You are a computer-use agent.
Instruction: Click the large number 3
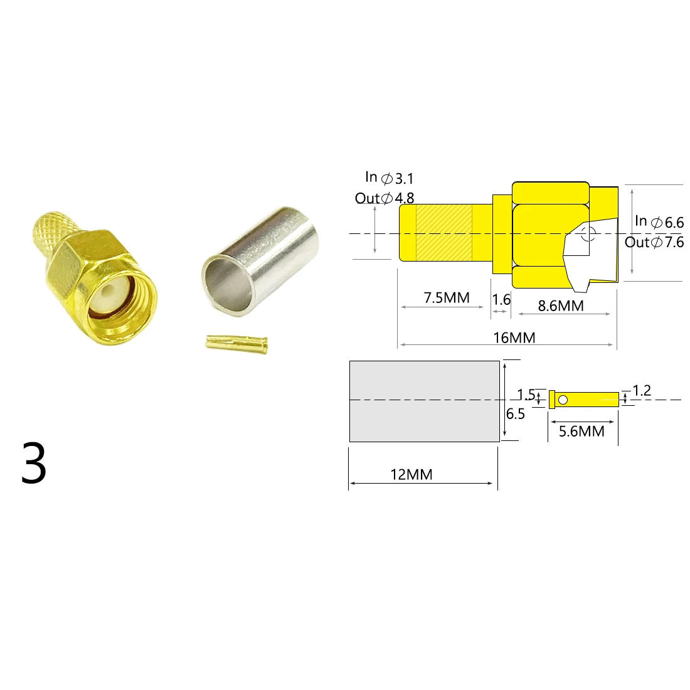click(x=34, y=463)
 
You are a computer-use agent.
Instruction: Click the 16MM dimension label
click(x=514, y=338)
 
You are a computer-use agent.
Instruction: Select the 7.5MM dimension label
click(x=446, y=297)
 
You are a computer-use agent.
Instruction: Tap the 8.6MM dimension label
click(x=561, y=305)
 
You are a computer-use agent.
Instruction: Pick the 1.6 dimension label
click(x=501, y=299)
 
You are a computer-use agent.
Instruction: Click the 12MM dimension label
click(x=411, y=474)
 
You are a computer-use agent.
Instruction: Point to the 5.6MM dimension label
click(x=581, y=431)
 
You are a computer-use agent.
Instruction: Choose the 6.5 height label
click(x=516, y=414)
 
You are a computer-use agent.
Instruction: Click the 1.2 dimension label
click(x=642, y=391)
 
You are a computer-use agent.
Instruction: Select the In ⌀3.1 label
click(x=390, y=178)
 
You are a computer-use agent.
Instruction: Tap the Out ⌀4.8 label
click(x=385, y=198)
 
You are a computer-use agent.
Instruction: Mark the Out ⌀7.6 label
click(x=654, y=242)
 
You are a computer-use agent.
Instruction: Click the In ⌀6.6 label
click(x=659, y=221)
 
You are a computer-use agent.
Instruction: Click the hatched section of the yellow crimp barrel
click(x=443, y=233)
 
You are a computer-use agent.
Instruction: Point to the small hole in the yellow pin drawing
click(x=563, y=400)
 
